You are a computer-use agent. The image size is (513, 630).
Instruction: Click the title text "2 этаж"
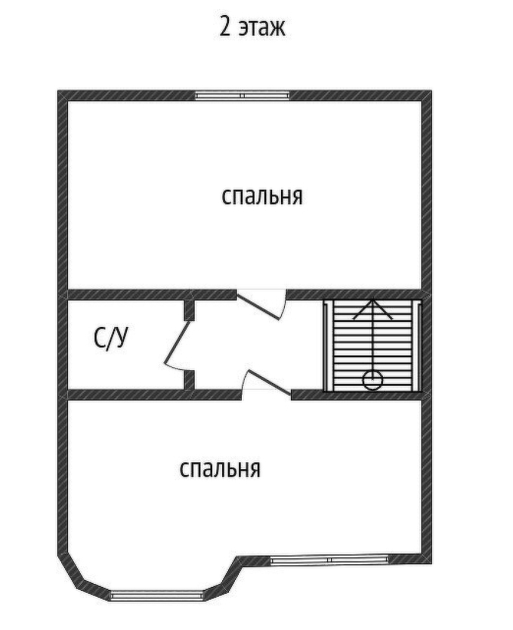click(x=252, y=27)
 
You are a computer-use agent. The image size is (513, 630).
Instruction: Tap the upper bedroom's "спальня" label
click(x=262, y=196)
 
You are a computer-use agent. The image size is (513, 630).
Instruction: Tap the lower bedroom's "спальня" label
click(x=220, y=468)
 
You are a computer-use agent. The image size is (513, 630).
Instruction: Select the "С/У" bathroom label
click(x=111, y=338)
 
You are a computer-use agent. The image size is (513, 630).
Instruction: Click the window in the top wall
click(x=243, y=96)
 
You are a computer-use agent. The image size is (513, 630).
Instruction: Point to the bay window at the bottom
click(x=156, y=594)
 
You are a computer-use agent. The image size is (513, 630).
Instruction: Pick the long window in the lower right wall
click(x=329, y=559)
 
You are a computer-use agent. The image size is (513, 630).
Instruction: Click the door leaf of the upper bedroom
click(x=259, y=307)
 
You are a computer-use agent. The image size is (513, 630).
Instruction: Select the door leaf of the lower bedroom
click(x=268, y=383)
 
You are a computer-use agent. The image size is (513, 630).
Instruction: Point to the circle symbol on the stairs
click(x=372, y=380)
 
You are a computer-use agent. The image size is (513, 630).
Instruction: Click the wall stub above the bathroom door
click(x=189, y=310)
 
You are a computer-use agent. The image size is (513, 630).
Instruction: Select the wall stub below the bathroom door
click(x=189, y=380)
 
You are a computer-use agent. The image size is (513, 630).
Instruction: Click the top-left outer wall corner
click(x=63, y=96)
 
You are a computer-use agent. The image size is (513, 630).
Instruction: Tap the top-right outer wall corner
click(x=427, y=96)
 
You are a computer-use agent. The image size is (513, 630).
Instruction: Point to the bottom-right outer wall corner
click(x=427, y=558)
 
